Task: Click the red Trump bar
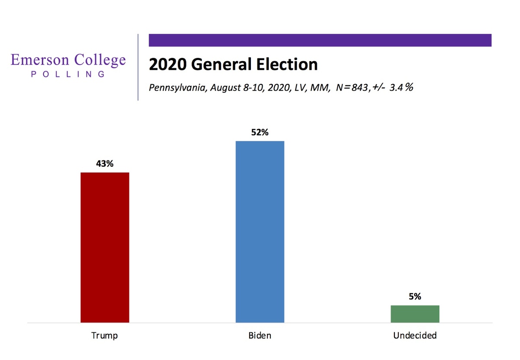(x=105, y=247)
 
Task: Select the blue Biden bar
(x=260, y=231)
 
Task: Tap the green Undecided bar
(x=415, y=314)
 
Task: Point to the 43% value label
(x=104, y=164)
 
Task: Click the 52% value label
(x=260, y=133)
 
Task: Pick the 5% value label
(x=415, y=297)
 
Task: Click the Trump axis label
(x=104, y=335)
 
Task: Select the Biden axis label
(x=260, y=335)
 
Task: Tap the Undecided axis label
(x=415, y=335)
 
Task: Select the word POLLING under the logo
(x=68, y=74)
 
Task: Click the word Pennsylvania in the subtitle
(x=175, y=88)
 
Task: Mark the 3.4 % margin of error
(x=400, y=88)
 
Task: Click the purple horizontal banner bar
(x=320, y=40)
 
